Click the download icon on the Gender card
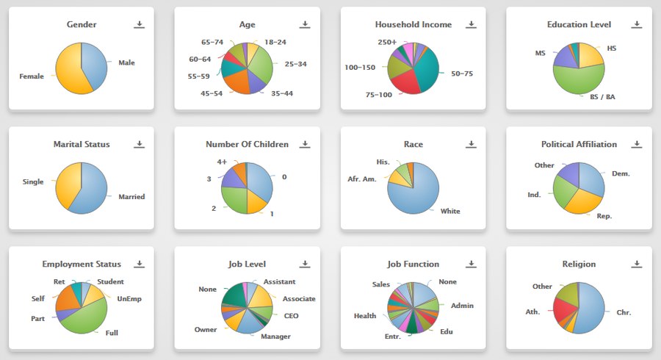139,24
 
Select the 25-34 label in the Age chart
295,64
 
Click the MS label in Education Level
540,53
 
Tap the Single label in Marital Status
33,181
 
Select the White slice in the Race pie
415,195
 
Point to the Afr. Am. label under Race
362,179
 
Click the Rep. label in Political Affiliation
604,216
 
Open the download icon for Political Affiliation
637,144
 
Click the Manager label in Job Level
275,336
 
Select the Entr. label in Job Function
392,336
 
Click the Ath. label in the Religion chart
532,312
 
